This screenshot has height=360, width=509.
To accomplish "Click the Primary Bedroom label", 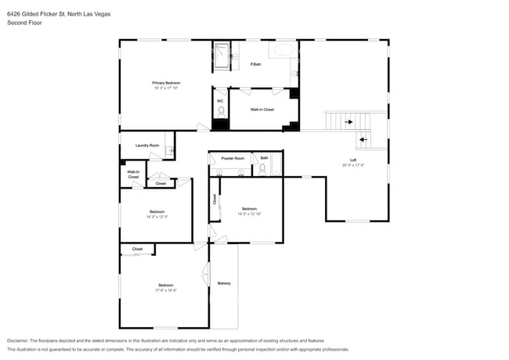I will pyautogui.click(x=166, y=82).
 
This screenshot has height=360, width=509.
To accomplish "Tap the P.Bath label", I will pyautogui.click(x=255, y=64).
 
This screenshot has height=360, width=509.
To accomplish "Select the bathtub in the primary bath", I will pyautogui.click(x=283, y=51).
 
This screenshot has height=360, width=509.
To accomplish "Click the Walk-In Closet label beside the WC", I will pyautogui.click(x=262, y=110).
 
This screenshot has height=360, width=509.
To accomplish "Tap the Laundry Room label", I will pyautogui.click(x=147, y=145).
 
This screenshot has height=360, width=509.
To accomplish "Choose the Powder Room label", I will pyautogui.click(x=233, y=158).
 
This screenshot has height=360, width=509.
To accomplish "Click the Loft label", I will pyautogui.click(x=353, y=160).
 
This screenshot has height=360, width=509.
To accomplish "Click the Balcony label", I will pyautogui.click(x=224, y=283).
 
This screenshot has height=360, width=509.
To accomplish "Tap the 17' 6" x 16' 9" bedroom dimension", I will pyautogui.click(x=166, y=290).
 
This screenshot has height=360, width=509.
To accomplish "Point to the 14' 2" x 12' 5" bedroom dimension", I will pyautogui.click(x=157, y=217).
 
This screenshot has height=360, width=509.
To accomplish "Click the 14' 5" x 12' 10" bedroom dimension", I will pyautogui.click(x=249, y=214).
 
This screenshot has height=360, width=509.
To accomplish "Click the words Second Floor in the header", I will pyautogui.click(x=23, y=23).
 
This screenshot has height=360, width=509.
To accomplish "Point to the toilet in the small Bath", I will pyautogui.click(x=263, y=167).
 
